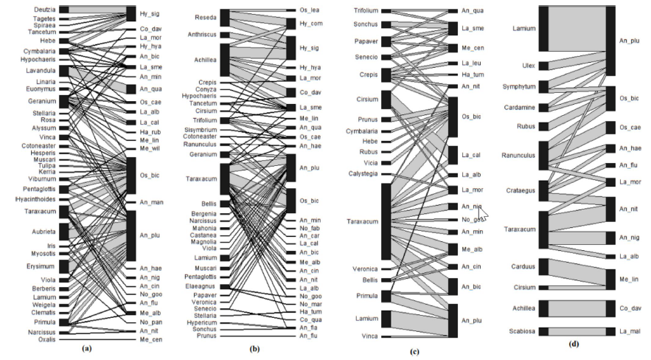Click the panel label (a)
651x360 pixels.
(x=88, y=347)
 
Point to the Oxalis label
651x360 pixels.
(x=46, y=340)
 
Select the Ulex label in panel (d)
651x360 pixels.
(x=528, y=66)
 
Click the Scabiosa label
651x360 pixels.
(x=521, y=331)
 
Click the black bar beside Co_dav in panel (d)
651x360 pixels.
(x=610, y=308)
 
